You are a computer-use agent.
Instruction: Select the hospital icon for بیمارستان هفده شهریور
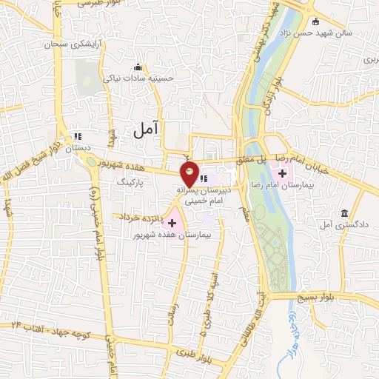[172, 222]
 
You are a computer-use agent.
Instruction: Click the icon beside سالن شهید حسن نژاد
[316, 21]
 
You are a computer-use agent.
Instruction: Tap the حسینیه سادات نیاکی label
[147, 77]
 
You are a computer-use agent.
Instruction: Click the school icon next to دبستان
[77, 137]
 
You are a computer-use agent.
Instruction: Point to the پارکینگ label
[127, 180]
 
